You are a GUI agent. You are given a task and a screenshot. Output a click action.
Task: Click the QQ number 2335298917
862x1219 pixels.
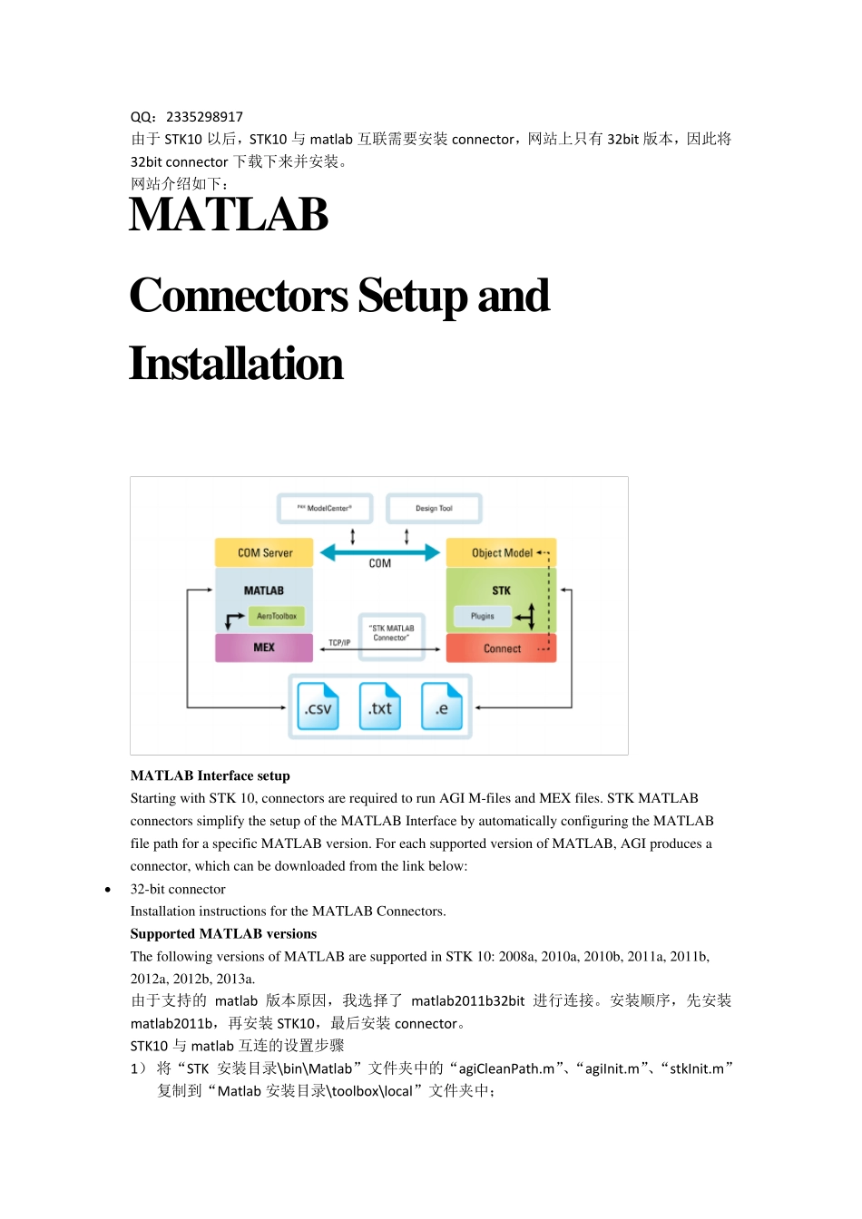pos(204,117)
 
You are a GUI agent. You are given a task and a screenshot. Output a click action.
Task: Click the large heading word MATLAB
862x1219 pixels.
pos(229,215)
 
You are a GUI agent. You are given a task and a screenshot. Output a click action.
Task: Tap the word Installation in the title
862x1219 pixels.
pos(236,364)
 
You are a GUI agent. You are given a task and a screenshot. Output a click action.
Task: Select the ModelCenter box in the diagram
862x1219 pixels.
pos(325,508)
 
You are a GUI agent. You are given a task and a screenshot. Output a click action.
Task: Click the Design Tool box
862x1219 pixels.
pos(434,508)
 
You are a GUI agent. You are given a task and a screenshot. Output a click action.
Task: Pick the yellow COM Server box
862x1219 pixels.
pos(264,552)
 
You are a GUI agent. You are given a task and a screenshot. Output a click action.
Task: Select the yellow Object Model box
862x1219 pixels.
pos(501,552)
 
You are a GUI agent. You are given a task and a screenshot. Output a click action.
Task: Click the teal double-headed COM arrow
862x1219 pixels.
pos(380,551)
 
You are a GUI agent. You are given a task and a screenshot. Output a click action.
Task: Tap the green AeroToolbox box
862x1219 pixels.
pos(277,616)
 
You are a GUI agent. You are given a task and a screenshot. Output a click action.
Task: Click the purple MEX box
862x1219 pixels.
pos(264,648)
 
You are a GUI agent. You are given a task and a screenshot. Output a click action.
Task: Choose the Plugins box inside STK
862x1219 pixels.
pos(483,616)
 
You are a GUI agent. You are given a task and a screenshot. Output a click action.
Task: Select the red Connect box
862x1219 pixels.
pos(502,649)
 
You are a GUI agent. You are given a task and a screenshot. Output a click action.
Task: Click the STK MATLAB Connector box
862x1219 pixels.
pos(391,633)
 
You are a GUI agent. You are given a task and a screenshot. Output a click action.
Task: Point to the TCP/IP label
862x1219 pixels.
pos(339,643)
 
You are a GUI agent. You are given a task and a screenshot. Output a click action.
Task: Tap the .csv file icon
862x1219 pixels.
pos(318,707)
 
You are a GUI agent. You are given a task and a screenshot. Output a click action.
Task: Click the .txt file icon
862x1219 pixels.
pos(380,707)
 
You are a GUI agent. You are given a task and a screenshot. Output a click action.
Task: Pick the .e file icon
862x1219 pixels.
pos(442,707)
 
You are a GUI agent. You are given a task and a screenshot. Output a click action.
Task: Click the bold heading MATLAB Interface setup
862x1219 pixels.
pos(211,775)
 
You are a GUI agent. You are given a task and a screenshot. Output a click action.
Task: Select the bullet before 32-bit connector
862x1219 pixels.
pos(108,890)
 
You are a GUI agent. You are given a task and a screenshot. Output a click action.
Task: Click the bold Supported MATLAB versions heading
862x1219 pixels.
pos(223,934)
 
